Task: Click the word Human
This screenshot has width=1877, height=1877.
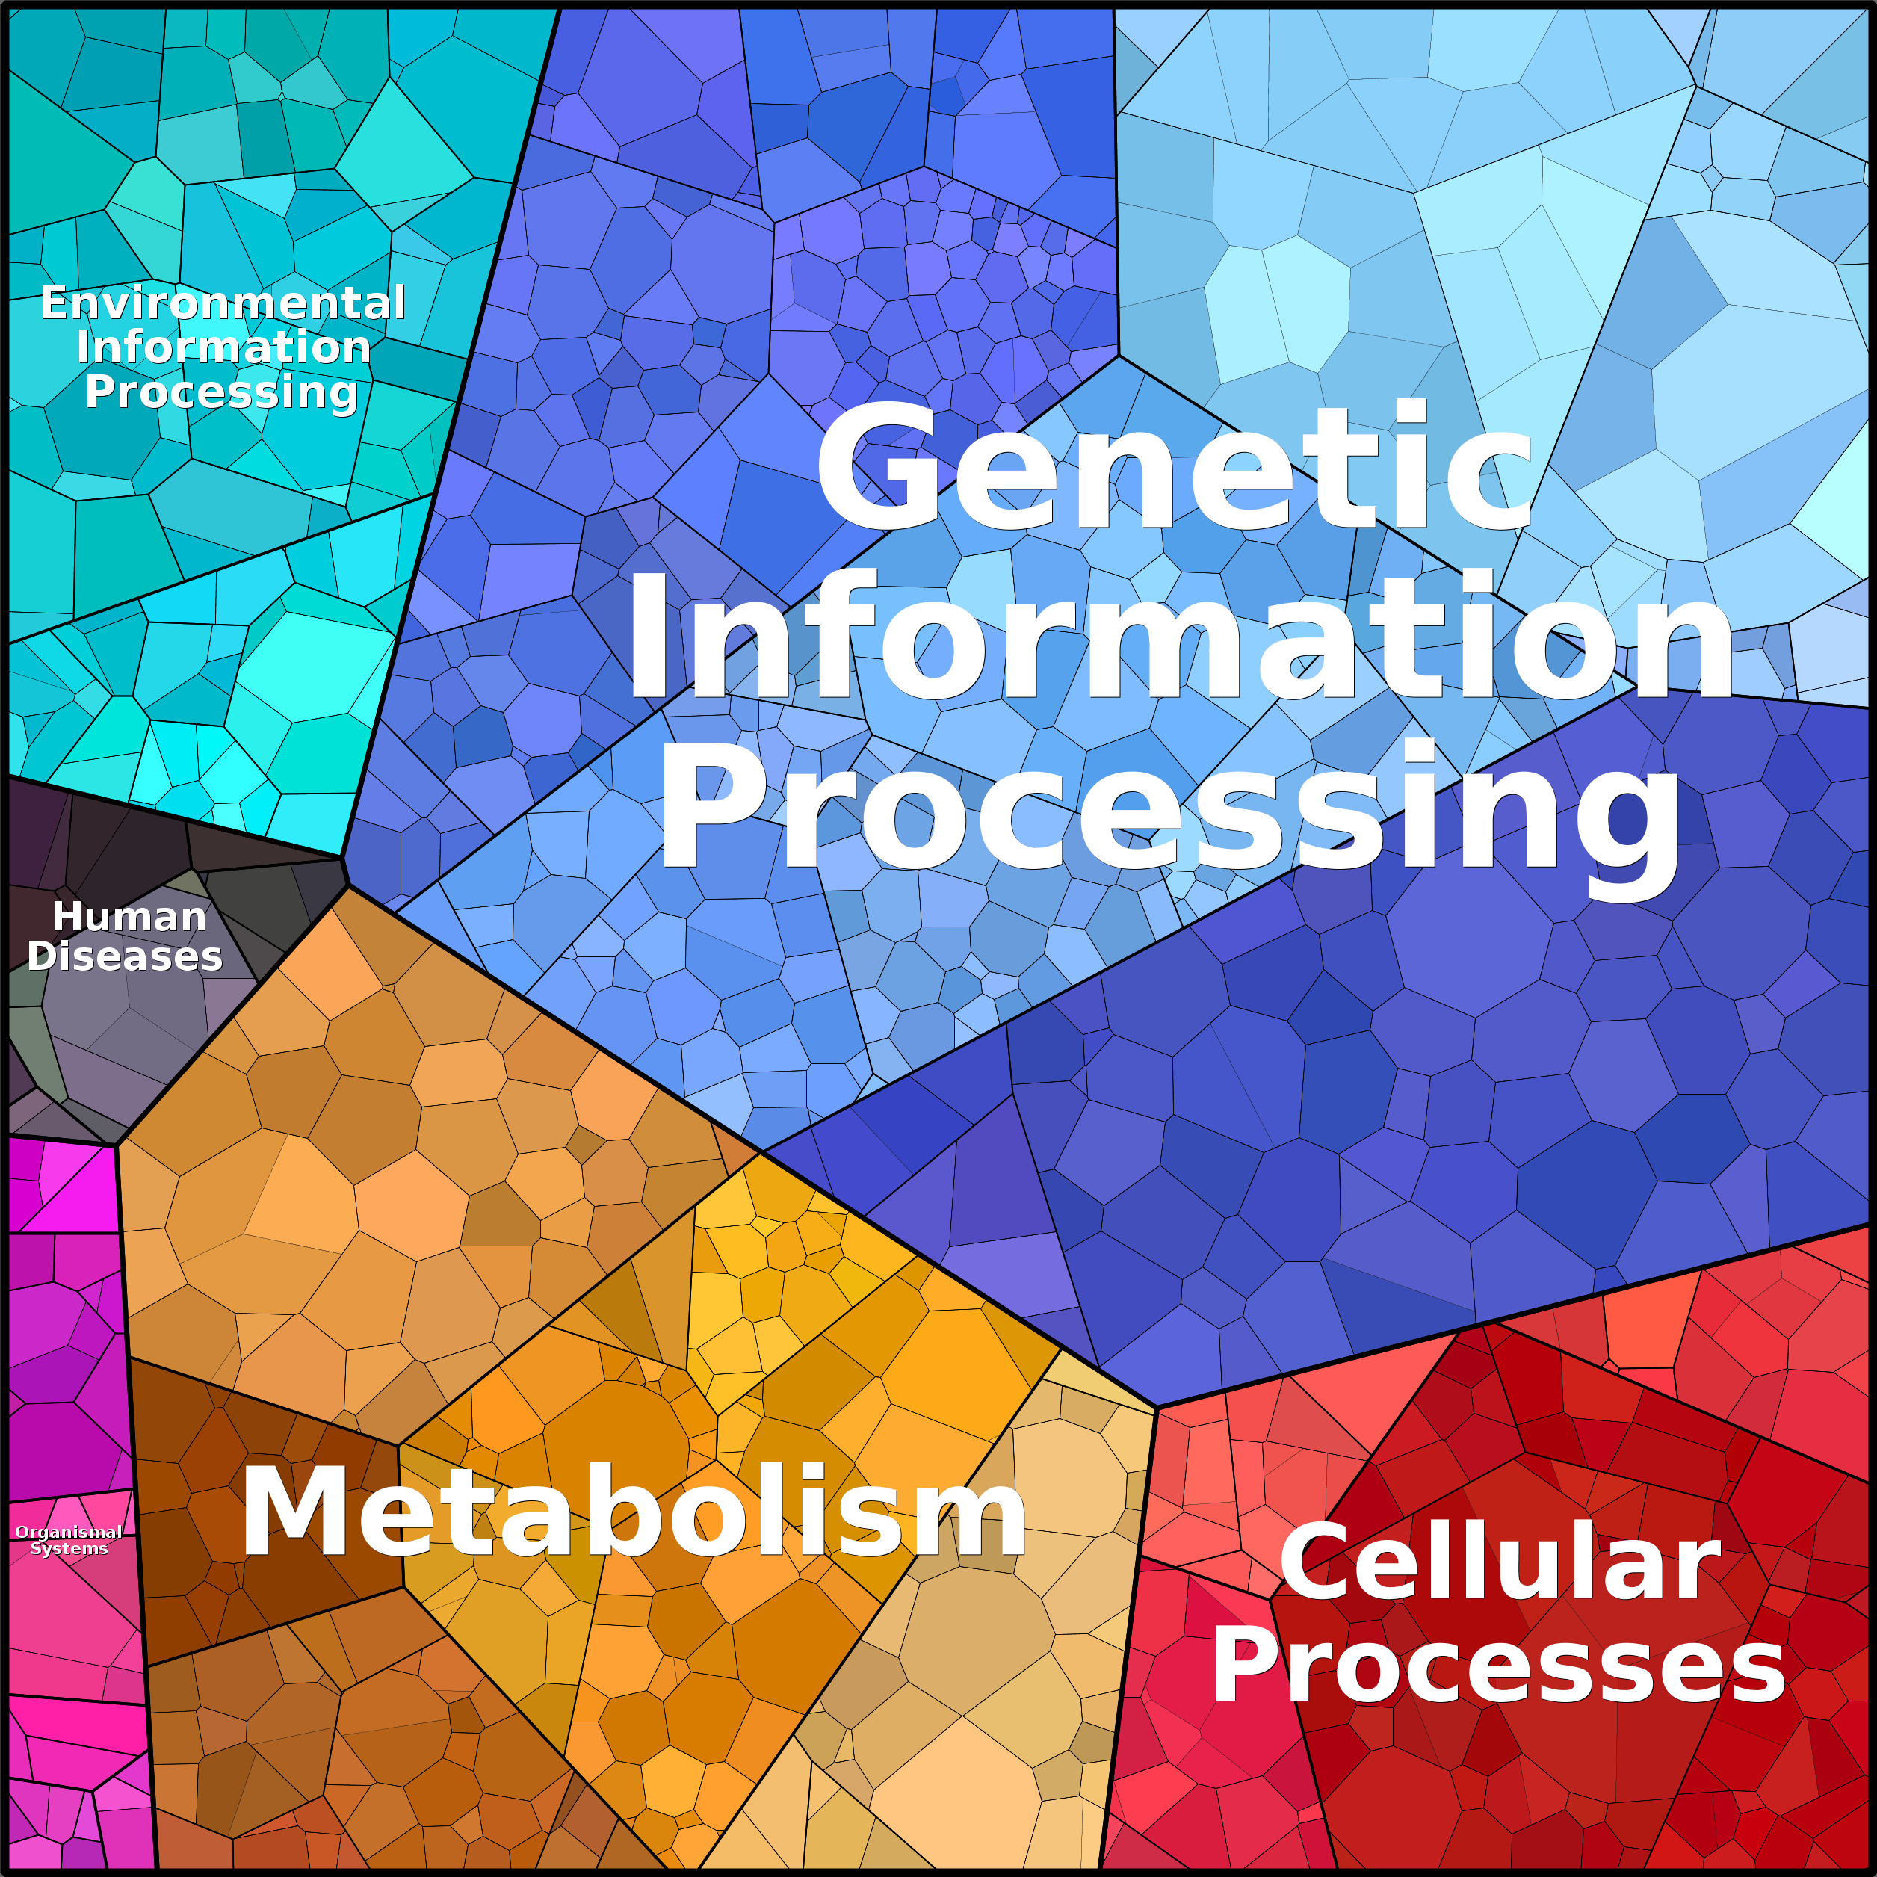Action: coord(129,916)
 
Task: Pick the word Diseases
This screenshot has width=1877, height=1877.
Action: coord(126,956)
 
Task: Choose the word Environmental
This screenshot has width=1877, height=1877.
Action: coord(223,303)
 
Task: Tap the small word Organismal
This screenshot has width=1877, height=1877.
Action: coord(68,1532)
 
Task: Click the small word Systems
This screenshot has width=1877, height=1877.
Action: coord(69,1549)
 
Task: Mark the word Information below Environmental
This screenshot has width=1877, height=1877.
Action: coord(223,347)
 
